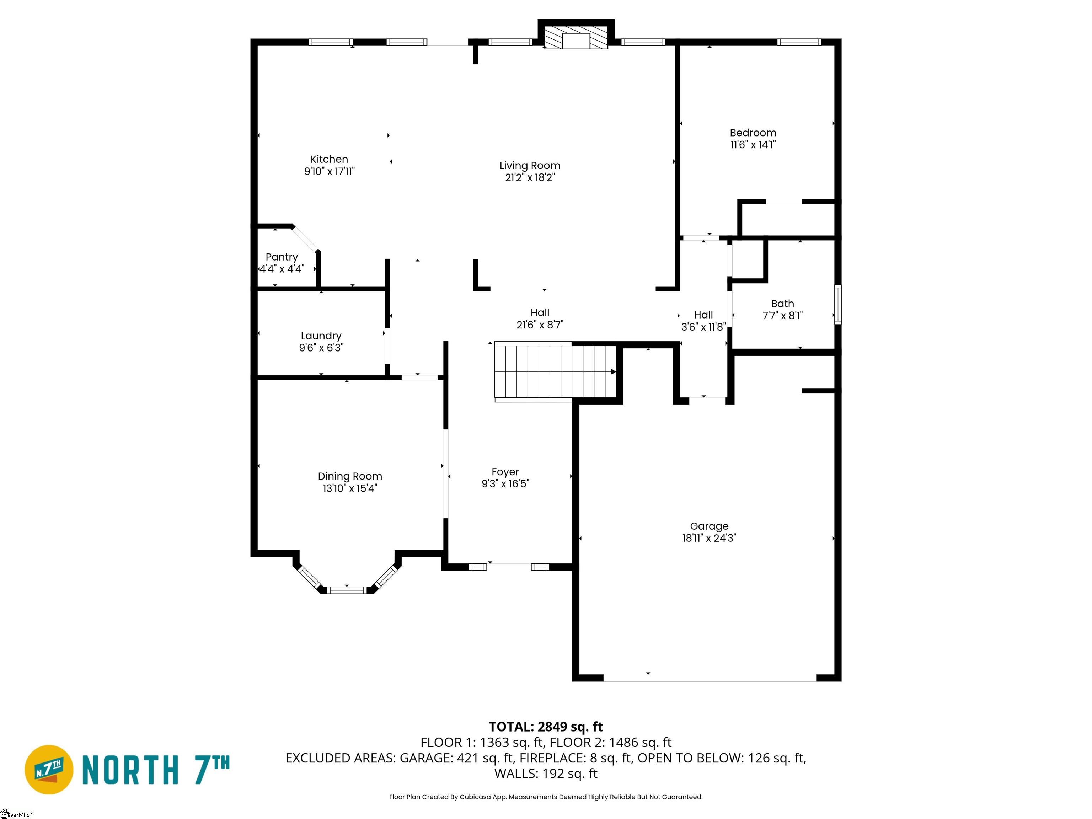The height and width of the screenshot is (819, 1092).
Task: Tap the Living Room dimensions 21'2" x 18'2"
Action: pyautogui.click(x=530, y=178)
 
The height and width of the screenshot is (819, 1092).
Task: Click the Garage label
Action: pyautogui.click(x=710, y=526)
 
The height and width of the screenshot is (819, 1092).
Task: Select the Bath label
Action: pyautogui.click(x=782, y=304)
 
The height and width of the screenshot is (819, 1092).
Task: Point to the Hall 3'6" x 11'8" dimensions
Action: pyautogui.click(x=703, y=327)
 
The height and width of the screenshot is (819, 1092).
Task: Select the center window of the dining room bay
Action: pyautogui.click(x=347, y=589)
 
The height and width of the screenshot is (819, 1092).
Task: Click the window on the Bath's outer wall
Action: pyautogui.click(x=838, y=305)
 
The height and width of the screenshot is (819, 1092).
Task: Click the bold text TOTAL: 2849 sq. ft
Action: pyautogui.click(x=546, y=727)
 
